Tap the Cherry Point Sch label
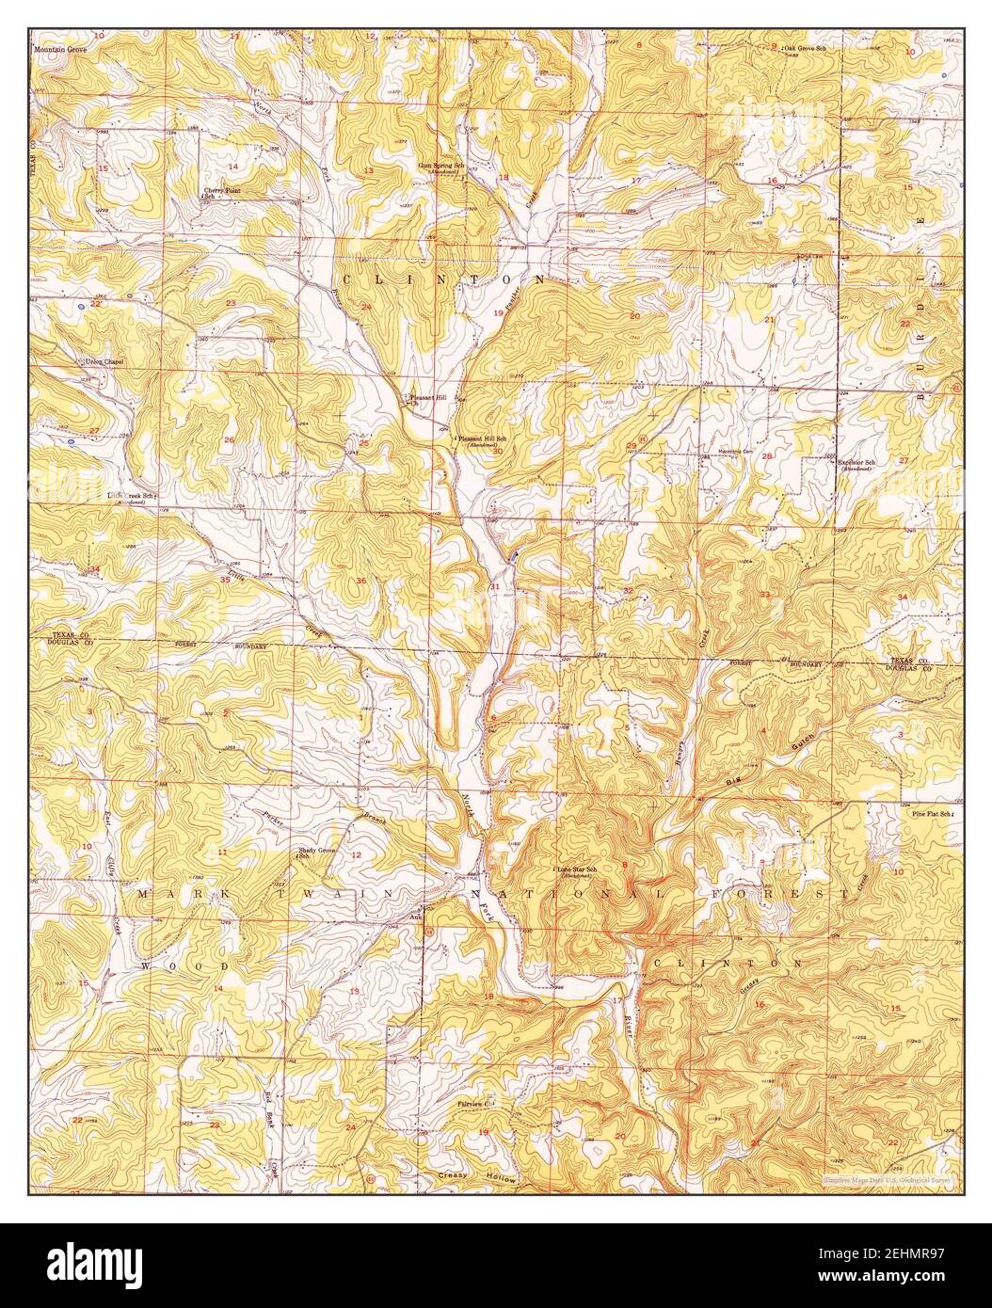coord(223,193)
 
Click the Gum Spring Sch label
coord(442,167)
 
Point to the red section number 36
coord(361,581)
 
